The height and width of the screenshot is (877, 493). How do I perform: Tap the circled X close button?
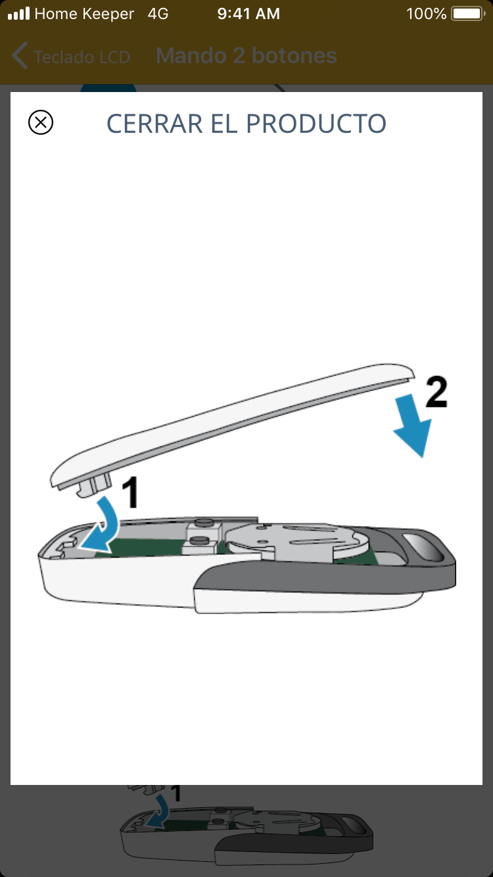[41, 122]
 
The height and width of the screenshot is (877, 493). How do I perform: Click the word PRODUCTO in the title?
[316, 124]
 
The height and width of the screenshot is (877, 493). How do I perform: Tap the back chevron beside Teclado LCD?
[20, 55]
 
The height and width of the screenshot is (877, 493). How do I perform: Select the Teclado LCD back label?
[82, 57]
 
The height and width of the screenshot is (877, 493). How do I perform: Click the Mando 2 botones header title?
[246, 56]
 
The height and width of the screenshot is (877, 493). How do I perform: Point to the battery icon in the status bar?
[468, 14]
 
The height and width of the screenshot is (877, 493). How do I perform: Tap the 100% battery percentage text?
[426, 14]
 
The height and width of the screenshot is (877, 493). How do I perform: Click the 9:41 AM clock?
[248, 14]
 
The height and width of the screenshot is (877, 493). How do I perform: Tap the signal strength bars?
[18, 13]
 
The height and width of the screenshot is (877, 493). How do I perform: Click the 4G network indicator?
[158, 14]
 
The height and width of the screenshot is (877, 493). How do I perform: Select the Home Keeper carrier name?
[84, 14]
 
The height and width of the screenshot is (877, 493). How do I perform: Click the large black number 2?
[436, 392]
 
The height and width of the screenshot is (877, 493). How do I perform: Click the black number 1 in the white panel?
[130, 492]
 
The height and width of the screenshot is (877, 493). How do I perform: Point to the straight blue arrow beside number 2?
[412, 426]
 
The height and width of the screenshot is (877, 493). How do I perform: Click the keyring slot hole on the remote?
[424, 546]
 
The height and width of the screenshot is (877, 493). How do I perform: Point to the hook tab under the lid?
[94, 485]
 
